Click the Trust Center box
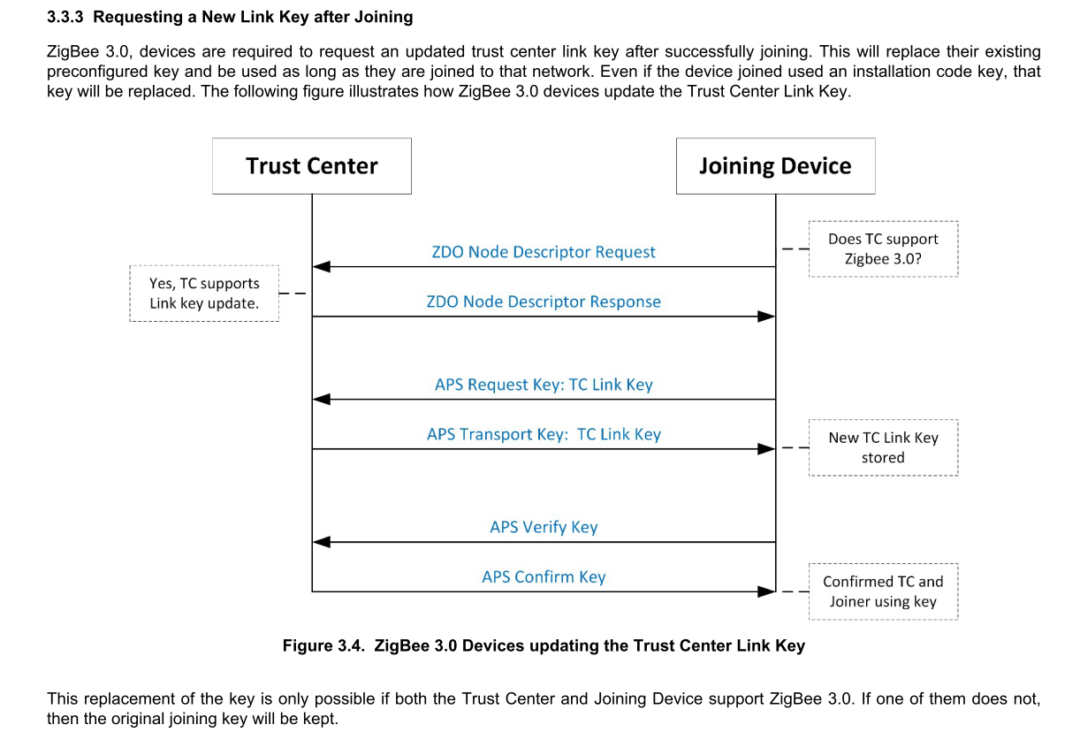tap(311, 166)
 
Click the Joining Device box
tap(775, 166)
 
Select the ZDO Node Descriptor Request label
tap(544, 252)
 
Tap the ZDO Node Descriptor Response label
tap(544, 301)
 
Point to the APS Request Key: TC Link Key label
tap(544, 385)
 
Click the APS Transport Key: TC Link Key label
tap(544, 434)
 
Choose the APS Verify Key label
tap(544, 527)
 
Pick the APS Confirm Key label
tap(544, 576)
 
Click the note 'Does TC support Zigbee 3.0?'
tap(883, 249)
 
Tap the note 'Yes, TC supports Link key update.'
tap(204, 294)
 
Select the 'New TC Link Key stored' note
tap(883, 447)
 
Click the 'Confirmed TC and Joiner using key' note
tap(883, 591)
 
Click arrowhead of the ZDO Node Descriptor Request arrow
tap(322, 266)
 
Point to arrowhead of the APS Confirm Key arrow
tap(766, 591)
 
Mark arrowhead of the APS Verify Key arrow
tap(322, 542)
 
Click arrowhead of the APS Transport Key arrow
tap(766, 448)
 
